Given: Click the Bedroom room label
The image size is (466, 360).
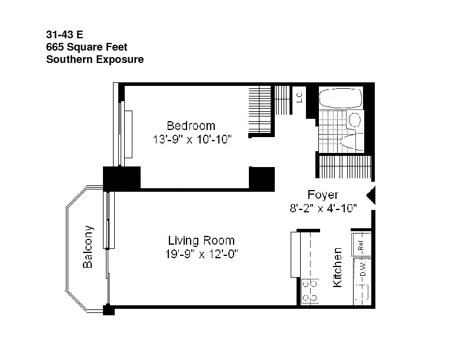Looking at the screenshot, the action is [x=191, y=126].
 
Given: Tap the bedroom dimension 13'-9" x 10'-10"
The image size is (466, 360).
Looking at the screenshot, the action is [x=192, y=139].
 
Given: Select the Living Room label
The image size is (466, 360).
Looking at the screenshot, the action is [x=201, y=241].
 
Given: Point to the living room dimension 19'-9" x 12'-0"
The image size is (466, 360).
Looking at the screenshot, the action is [x=202, y=254].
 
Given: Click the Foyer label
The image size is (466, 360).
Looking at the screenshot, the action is [x=323, y=195].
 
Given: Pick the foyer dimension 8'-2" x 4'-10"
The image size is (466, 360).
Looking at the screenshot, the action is [x=323, y=208].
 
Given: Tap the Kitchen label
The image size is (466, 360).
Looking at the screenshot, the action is [x=337, y=267].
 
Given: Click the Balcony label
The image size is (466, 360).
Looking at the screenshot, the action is [x=88, y=247].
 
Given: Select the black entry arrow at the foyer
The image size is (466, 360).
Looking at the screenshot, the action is [x=371, y=195].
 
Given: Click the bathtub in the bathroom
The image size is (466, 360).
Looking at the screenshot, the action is [x=341, y=98].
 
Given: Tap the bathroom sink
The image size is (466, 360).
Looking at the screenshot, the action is [x=355, y=120].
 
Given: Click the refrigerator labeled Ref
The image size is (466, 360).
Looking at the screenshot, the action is [x=361, y=244].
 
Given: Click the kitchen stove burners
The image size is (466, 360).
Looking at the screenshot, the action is [x=310, y=291].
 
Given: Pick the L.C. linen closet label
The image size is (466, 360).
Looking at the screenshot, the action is [x=299, y=97].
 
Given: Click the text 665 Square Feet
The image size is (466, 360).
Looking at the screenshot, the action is [x=86, y=47].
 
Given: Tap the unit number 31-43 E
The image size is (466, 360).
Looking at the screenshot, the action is [x=65, y=35].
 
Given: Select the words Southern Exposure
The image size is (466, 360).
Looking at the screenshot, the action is [x=95, y=59].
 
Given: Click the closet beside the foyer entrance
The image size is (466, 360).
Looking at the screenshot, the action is [x=345, y=166].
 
